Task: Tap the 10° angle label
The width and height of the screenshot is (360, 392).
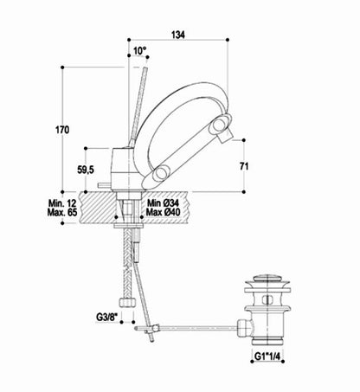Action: (x=140, y=51)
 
